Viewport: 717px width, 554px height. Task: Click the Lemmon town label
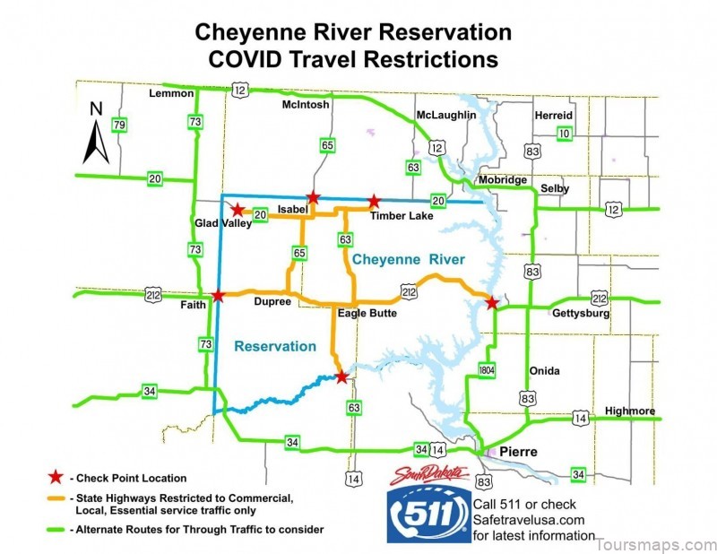tap(170, 93)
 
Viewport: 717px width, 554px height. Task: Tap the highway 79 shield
tap(118, 124)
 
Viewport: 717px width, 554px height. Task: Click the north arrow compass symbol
tap(96, 134)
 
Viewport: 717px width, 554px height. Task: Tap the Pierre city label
tap(518, 453)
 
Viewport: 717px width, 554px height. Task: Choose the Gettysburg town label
tap(581, 315)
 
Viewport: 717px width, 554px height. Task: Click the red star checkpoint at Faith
tap(218, 295)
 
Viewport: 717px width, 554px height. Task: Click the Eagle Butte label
tap(367, 313)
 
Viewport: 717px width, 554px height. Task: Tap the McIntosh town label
tap(306, 105)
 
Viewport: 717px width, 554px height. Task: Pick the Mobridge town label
tap(503, 179)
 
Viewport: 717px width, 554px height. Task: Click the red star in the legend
tap(56, 478)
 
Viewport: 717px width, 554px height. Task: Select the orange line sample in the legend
tap(56, 498)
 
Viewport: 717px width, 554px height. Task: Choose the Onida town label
tap(545, 371)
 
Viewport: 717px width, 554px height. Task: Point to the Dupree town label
tap(272, 302)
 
